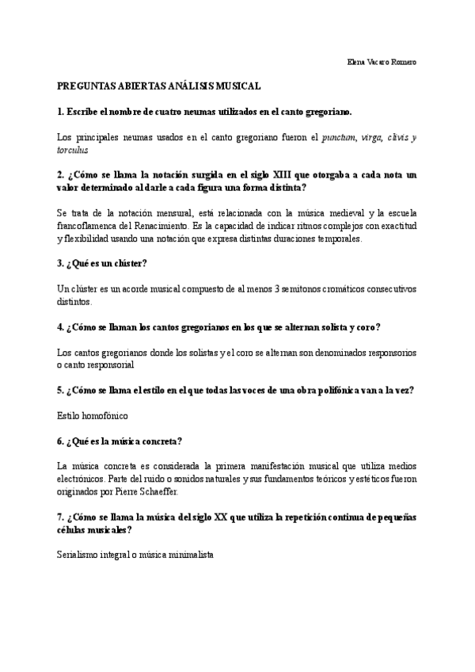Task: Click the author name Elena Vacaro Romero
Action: (382, 63)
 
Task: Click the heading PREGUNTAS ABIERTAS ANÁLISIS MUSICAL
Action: (159, 86)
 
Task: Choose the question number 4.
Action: (60, 326)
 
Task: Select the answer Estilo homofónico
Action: (92, 415)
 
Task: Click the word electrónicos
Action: (85, 479)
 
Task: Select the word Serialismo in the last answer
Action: (80, 556)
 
